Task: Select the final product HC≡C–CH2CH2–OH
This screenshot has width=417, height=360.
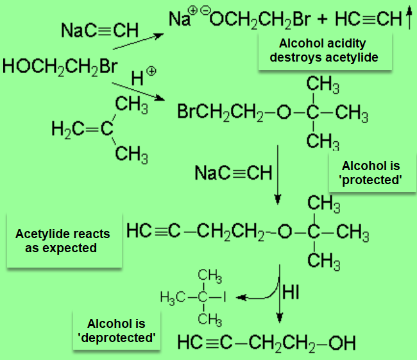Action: [266, 342]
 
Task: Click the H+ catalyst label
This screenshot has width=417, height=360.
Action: [143, 78]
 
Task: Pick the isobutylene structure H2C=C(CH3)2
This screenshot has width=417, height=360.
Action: [100, 130]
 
